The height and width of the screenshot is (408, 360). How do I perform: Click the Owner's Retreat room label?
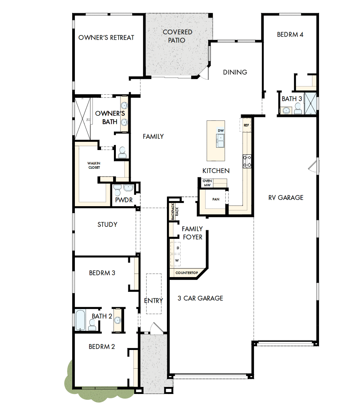[x=106, y=38]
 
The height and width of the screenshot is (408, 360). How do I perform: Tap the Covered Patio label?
[x=177, y=36]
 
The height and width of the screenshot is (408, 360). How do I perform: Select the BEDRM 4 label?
[x=290, y=34]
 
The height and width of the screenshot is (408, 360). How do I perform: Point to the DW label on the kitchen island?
[x=221, y=131]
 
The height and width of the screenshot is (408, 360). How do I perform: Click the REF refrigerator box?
[x=246, y=125]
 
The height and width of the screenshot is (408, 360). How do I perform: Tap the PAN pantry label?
[x=216, y=199]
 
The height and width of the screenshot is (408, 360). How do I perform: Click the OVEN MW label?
[x=207, y=183]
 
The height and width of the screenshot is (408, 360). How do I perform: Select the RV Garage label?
[x=286, y=198]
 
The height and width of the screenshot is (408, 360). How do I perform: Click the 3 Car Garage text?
[x=200, y=298]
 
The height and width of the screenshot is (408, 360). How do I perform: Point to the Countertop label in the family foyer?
[x=187, y=273]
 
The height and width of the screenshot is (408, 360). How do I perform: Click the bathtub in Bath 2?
[x=80, y=320]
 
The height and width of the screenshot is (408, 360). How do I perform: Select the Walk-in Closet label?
[x=94, y=165]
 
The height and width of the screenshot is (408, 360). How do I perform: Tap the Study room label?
[x=107, y=224]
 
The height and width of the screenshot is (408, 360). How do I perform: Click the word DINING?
[x=235, y=72]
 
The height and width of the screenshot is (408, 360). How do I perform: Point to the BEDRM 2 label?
[x=102, y=346]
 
